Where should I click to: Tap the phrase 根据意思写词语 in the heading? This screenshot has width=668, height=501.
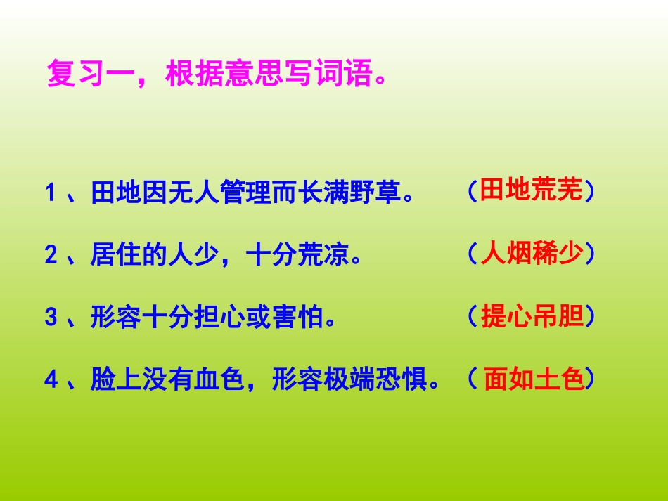pyautogui.click(x=267, y=74)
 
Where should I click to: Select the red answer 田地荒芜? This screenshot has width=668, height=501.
pyautogui.click(x=532, y=191)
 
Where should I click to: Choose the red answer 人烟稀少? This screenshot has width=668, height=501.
pyautogui.click(x=532, y=254)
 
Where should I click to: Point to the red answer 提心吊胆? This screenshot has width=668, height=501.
pyautogui.click(x=532, y=317)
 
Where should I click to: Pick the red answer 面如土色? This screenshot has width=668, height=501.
pyautogui.click(x=534, y=380)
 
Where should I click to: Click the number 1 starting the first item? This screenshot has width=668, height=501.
pyautogui.click(x=50, y=193)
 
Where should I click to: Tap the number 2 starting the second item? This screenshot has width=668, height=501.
pyautogui.click(x=50, y=255)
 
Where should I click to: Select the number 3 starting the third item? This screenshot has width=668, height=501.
pyautogui.click(x=50, y=318)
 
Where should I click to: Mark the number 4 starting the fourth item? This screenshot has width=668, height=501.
pyautogui.click(x=50, y=382)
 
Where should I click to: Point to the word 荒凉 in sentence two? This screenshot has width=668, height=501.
pyautogui.click(x=323, y=254)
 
